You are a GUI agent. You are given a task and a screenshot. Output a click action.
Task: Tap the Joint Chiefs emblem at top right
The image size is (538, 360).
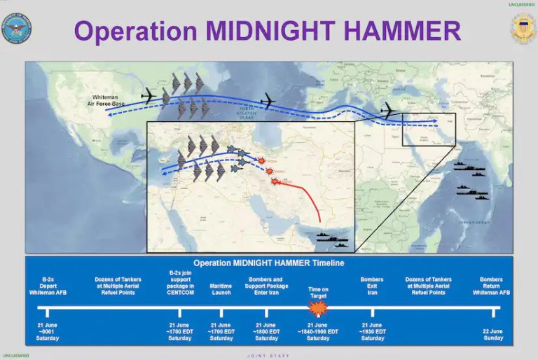click(521, 29)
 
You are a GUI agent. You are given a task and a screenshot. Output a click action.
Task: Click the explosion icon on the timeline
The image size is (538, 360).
click(318, 308)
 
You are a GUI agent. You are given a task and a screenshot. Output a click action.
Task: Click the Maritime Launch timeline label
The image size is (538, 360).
click(221, 289)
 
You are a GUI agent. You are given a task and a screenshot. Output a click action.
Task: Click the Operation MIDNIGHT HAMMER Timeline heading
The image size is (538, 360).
click(269, 263)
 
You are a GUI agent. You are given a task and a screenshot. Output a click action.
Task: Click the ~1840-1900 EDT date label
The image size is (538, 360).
click(318, 332)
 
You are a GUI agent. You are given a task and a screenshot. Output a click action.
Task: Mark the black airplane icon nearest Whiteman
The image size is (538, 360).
click(150, 96)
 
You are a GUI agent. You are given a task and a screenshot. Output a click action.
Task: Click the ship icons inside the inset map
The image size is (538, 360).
click(331, 240)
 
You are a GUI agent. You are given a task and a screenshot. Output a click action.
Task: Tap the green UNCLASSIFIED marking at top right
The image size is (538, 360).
click(520, 5)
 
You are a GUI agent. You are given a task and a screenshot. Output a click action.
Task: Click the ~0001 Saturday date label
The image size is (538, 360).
click(48, 332)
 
